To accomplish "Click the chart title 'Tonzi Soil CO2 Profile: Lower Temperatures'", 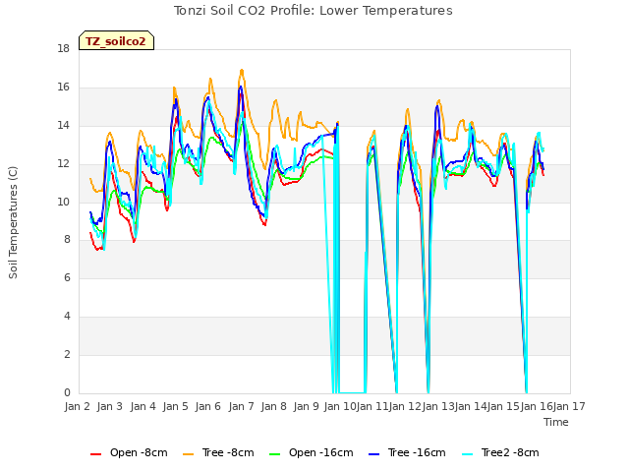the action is [313, 11].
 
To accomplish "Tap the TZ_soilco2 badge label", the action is [116, 41].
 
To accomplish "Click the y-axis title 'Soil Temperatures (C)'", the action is [13, 222].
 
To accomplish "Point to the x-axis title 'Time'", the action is [555, 422].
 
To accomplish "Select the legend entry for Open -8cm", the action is [129, 452].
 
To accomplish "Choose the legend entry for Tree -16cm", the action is [407, 452].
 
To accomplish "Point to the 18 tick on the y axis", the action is [63, 48].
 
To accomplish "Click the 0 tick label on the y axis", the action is [67, 392].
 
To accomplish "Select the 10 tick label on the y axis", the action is [63, 202].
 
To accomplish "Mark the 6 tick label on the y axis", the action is [67, 277].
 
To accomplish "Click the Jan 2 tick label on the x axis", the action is [77, 406].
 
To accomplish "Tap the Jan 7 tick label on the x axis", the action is [241, 406].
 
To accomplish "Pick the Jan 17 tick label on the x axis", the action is [569, 406].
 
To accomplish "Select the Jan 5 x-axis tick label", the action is [175, 406].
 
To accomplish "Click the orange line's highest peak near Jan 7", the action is [242, 70].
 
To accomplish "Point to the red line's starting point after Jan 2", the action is [89, 232].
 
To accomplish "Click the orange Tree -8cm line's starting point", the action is [89, 178].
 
